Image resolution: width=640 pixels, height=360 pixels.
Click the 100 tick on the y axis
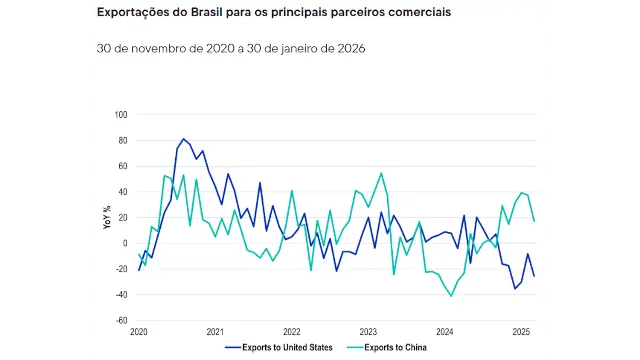122,114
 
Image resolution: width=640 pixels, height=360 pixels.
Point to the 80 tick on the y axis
124,140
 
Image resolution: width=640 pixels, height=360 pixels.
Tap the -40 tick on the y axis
122,295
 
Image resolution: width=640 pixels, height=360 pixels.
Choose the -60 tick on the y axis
122,321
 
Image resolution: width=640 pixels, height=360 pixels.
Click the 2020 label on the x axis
139,331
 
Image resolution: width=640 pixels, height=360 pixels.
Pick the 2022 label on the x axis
292,331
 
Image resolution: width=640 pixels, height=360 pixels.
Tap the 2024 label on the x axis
445,331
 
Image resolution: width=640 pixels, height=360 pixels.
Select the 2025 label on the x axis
521,331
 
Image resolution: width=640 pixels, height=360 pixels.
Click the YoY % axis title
108,218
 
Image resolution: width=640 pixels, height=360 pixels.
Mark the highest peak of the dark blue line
184,139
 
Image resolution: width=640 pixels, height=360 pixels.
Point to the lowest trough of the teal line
452,296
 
